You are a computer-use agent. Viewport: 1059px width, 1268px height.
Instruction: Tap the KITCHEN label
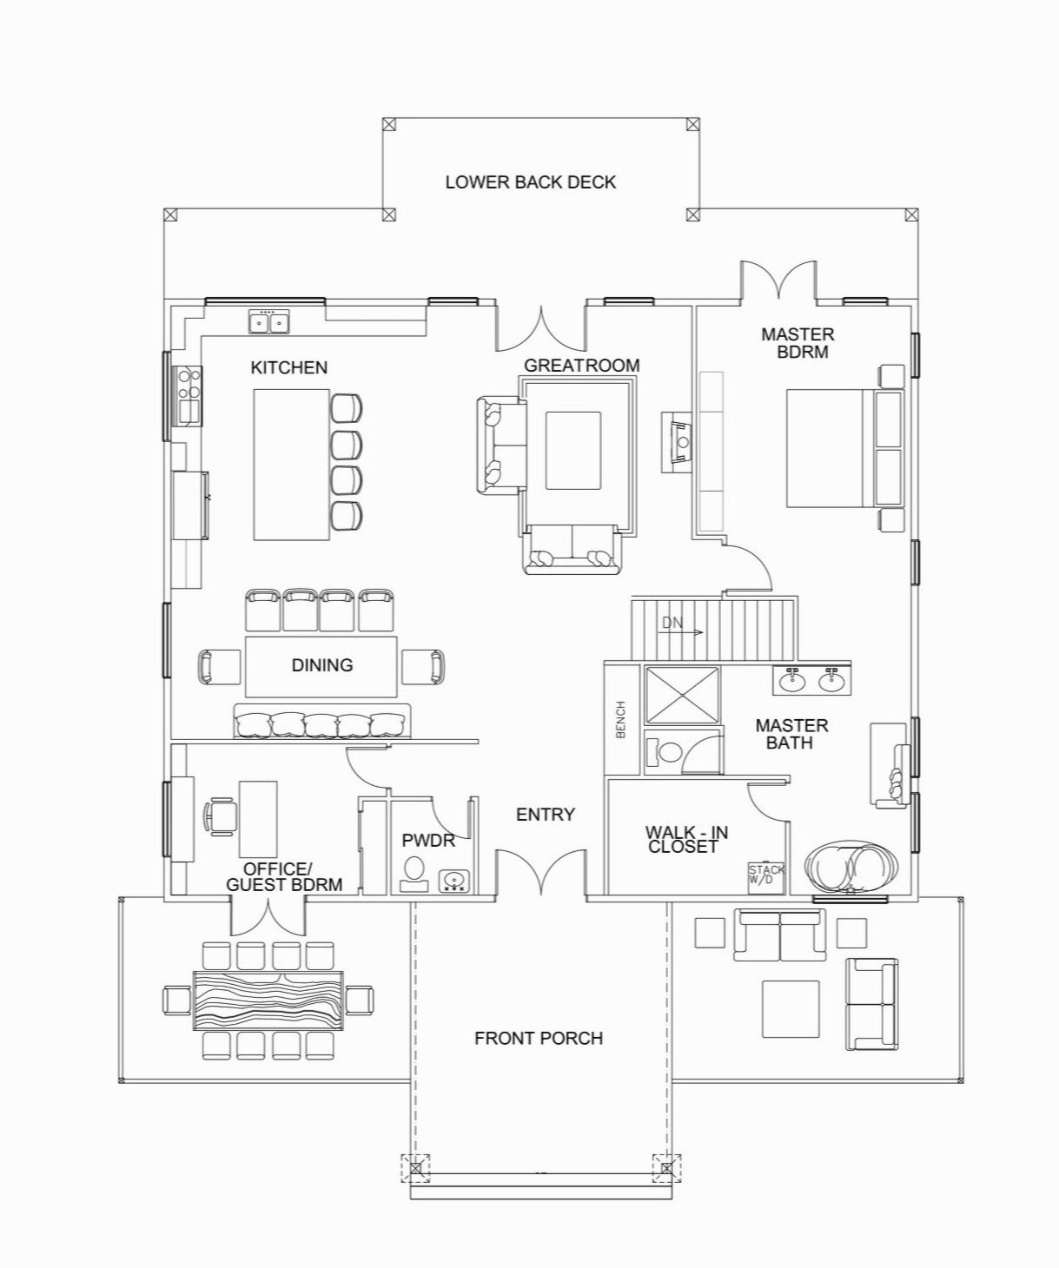tap(288, 367)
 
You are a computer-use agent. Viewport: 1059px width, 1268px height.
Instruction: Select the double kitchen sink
tap(268, 323)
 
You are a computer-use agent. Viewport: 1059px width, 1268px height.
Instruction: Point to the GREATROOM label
tap(581, 366)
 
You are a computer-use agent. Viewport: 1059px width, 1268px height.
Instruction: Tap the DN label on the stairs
tap(672, 623)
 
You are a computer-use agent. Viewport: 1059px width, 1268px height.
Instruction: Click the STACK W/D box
tap(767, 875)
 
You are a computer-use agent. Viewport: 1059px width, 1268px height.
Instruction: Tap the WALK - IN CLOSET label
tap(685, 839)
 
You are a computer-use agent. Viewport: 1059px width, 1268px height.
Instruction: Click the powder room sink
tap(453, 882)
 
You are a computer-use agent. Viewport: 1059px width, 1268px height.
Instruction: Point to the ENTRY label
tap(545, 815)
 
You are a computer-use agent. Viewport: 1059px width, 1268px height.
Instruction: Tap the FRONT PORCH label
tap(538, 1038)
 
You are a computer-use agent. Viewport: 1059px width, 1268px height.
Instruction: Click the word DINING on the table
tap(321, 665)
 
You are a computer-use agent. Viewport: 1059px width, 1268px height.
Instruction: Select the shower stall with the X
tap(681, 695)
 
